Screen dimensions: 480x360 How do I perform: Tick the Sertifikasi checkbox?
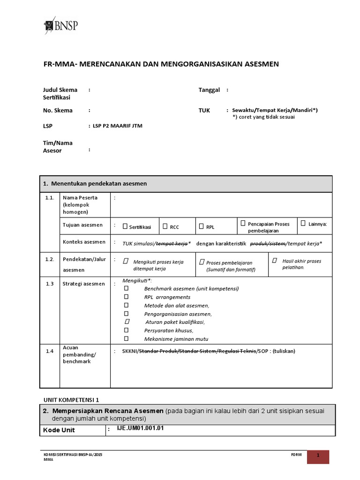click(125, 226)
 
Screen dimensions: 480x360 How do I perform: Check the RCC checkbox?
click(165, 226)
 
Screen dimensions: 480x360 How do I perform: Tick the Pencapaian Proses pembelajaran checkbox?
click(243, 223)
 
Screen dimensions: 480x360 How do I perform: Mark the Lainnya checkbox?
click(303, 223)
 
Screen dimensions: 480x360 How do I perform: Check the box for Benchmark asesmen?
click(126, 288)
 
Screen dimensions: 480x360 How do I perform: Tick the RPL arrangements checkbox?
click(126, 297)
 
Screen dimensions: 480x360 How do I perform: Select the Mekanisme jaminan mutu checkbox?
click(126, 338)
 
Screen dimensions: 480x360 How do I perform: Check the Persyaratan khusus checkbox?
click(126, 330)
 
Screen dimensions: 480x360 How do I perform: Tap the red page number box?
click(318, 457)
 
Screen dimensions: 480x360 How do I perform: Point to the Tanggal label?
click(209, 90)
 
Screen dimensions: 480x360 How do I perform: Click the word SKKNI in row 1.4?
click(130, 351)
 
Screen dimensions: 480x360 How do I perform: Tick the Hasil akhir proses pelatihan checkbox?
click(275, 260)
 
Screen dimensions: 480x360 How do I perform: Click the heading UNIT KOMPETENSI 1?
click(71, 400)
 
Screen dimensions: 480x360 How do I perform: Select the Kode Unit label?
click(59, 430)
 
